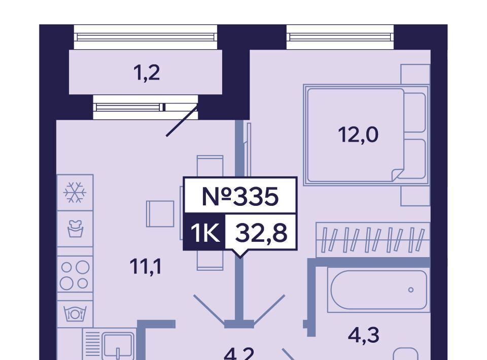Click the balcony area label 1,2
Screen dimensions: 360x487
pyautogui.click(x=147, y=74)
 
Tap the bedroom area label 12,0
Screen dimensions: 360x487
pyautogui.click(x=359, y=135)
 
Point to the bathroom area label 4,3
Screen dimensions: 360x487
pyautogui.click(x=364, y=335)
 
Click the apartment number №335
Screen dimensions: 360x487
pyautogui.click(x=240, y=196)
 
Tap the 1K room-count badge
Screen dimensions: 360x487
pyautogui.click(x=204, y=233)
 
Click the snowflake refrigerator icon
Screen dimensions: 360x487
pyautogui.click(x=75, y=193)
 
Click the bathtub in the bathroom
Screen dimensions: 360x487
pyautogui.click(x=378, y=290)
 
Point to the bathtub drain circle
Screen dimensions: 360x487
pyautogui.click(x=410, y=290)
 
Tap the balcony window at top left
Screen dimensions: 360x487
pyautogui.click(x=146, y=37)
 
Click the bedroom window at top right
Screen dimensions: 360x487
pyautogui.click(x=340, y=37)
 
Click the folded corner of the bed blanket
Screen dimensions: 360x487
pyautogui.click(x=398, y=175)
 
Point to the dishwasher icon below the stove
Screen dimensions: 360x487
pyautogui.click(x=75, y=314)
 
